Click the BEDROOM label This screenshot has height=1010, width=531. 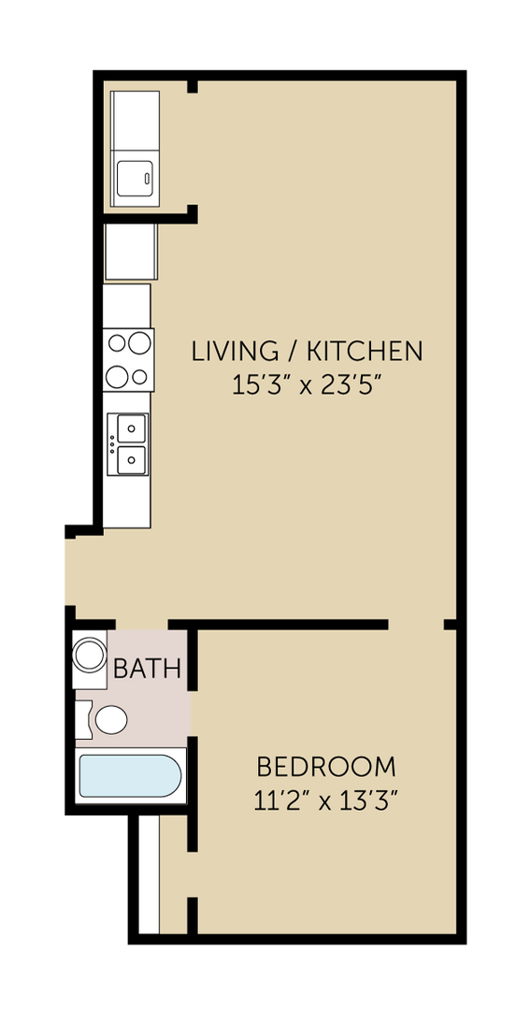(325, 768)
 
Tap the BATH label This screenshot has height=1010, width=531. (147, 670)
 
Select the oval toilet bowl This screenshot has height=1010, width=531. (111, 720)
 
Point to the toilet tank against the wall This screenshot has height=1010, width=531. (83, 720)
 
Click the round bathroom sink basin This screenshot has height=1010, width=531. (90, 655)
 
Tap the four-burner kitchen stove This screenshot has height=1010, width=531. (128, 360)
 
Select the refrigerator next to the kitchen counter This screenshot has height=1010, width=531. (130, 252)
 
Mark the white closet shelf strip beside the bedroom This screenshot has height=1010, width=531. (149, 874)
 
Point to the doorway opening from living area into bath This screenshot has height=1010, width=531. (142, 625)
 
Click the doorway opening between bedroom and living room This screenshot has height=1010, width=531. (416, 625)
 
